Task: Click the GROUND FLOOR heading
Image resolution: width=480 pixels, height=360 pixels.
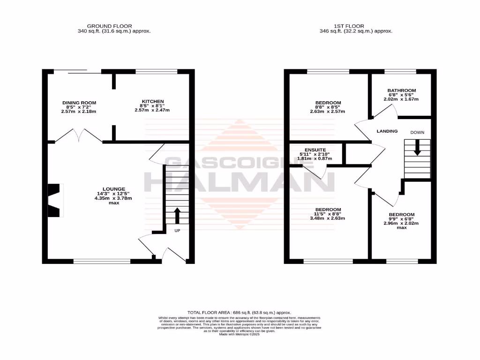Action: click(x=110, y=26)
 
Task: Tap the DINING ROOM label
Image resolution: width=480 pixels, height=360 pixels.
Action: click(x=79, y=103)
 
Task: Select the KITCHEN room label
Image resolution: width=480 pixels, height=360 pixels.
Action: click(x=153, y=101)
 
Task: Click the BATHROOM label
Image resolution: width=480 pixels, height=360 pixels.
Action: click(x=402, y=90)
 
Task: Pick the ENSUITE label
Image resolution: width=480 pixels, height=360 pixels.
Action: click(x=316, y=150)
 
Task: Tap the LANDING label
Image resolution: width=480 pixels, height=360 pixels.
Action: click(x=387, y=131)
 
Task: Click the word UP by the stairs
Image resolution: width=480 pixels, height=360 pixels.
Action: click(x=178, y=231)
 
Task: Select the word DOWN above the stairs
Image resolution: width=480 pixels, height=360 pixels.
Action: click(x=417, y=133)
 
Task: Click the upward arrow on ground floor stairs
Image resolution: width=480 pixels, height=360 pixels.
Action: click(x=177, y=216)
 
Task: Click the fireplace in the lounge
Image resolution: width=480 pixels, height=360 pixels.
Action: click(x=55, y=201)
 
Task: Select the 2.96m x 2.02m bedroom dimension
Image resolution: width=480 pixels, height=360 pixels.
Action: click(x=401, y=223)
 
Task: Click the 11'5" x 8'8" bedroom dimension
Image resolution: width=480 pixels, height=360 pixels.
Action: click(x=328, y=214)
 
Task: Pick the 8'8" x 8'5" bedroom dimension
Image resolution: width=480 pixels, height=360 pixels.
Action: click(x=328, y=107)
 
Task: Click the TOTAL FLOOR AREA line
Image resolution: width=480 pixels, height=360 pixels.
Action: click(x=240, y=312)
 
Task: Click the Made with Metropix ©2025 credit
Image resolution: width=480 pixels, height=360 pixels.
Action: click(x=240, y=334)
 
